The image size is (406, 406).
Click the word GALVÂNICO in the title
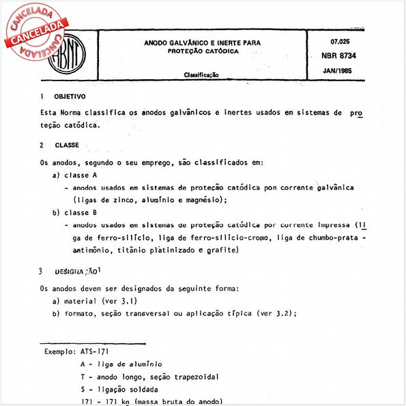point(184,42)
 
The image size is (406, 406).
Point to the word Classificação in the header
point(201,75)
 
